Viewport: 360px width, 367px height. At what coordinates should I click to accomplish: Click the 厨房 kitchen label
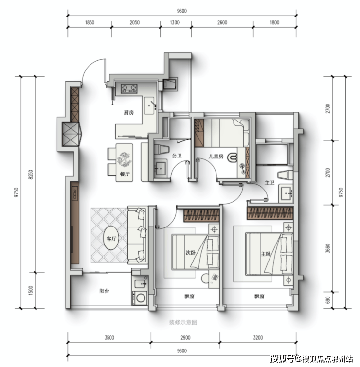pos(129,113)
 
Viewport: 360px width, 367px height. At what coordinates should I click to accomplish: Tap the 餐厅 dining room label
pos(125,174)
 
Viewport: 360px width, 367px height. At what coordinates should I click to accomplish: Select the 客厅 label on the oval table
pos(111,239)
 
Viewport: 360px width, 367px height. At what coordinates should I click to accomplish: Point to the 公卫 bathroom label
pos(177,156)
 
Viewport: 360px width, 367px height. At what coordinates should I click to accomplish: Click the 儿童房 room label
pos(216,156)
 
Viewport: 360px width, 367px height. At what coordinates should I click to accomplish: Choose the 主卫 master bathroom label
pos(270,183)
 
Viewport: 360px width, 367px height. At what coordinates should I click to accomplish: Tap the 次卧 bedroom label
pos(191,253)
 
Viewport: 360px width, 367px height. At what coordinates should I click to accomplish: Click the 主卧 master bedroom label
pos(266,254)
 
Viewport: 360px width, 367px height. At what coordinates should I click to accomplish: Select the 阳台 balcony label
pos(104,291)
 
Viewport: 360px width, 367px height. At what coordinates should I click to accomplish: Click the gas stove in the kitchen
pos(129,88)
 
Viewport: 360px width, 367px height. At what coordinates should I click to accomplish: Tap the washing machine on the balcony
pos(140,298)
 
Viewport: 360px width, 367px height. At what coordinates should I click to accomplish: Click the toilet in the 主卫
pos(285,175)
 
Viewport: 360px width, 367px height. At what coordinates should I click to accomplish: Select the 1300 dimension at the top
pos(175,23)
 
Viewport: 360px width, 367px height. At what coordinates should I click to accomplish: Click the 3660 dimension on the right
pos(328,248)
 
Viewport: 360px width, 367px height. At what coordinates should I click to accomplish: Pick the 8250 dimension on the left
pos(31,175)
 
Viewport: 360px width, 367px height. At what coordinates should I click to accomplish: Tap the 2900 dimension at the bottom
pos(185,338)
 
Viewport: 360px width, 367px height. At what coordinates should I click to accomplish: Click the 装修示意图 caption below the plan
pos(183,323)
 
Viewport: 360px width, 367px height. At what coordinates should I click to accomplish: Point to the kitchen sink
pos(149,106)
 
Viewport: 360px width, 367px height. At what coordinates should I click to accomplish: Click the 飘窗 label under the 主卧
pos(259,297)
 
